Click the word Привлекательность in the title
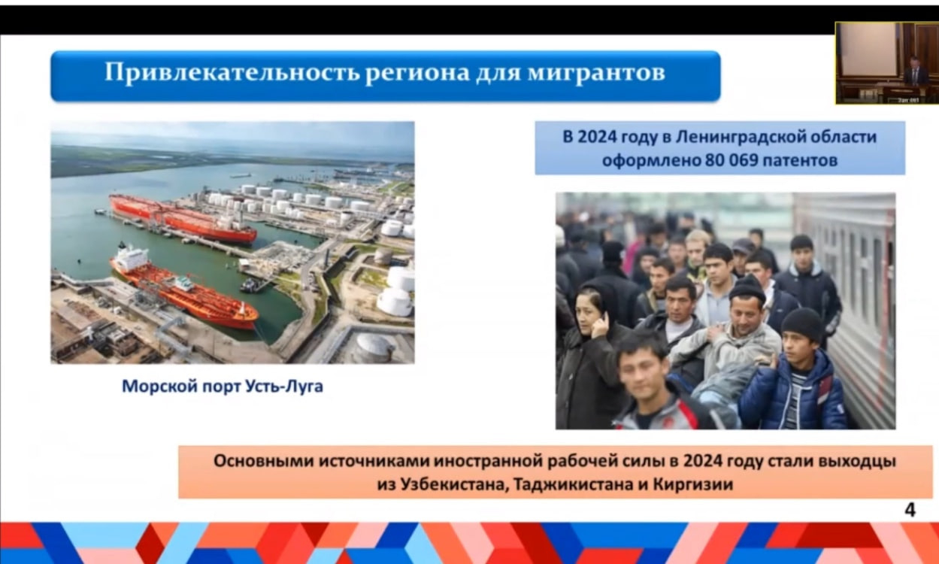[232, 72]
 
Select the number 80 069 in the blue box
[732, 160]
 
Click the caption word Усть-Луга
[283, 386]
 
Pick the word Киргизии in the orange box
[693, 485]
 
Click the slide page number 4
[910, 510]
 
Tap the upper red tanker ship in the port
[183, 218]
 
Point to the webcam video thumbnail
[886, 63]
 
